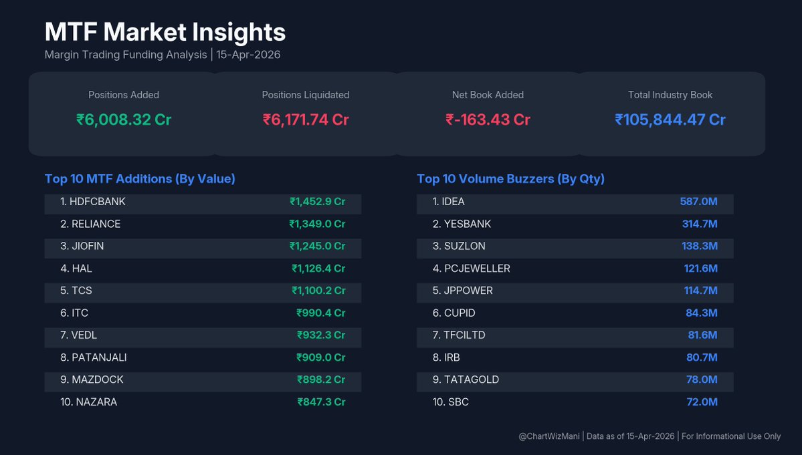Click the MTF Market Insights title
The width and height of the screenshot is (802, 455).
pos(165,32)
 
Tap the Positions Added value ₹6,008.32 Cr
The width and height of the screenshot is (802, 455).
pos(124,120)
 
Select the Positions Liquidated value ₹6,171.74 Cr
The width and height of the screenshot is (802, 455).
pos(306,120)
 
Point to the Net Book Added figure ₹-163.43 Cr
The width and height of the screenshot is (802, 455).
pos(488,120)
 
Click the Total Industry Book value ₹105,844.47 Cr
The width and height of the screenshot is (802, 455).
pos(670,120)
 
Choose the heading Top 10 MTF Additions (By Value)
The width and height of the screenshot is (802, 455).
pos(140,179)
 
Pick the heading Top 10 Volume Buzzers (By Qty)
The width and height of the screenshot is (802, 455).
pos(510,179)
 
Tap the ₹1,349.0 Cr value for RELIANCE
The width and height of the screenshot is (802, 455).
pos(317,224)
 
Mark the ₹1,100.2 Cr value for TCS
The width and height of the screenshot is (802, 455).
pos(318,291)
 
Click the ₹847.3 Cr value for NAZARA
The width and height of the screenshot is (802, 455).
pos(321,402)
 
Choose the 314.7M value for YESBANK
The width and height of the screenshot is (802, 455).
pos(700,224)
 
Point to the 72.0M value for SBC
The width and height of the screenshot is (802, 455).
pos(702,402)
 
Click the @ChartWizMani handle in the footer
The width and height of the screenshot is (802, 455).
pos(549,436)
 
